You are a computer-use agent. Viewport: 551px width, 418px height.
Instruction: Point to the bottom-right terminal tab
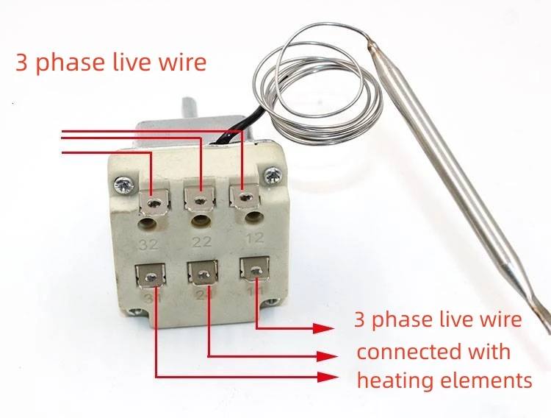click(x=253, y=272)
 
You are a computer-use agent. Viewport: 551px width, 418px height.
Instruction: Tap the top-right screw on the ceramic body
click(x=273, y=174)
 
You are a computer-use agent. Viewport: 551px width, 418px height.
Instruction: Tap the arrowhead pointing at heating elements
click(x=331, y=377)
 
